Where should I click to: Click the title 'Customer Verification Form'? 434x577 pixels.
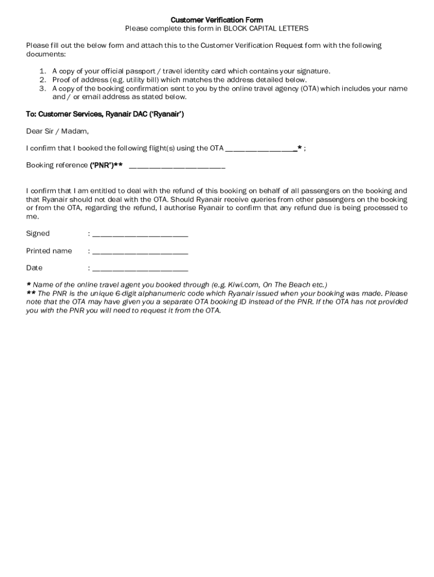coord(217,20)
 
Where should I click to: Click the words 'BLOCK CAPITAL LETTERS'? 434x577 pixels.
coord(266,28)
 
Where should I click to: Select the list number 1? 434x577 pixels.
coord(43,72)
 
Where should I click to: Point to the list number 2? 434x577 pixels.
coord(43,80)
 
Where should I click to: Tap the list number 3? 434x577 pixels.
coord(43,88)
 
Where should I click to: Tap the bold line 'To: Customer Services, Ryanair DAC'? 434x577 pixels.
coord(105,114)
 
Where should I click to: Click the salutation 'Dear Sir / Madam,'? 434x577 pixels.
coord(57,131)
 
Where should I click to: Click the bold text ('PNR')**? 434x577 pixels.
coord(107,166)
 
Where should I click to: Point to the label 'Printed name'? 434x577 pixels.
coord(49,251)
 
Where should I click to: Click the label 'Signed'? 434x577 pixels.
coord(38,233)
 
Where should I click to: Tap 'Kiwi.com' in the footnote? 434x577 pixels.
coord(243,285)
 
